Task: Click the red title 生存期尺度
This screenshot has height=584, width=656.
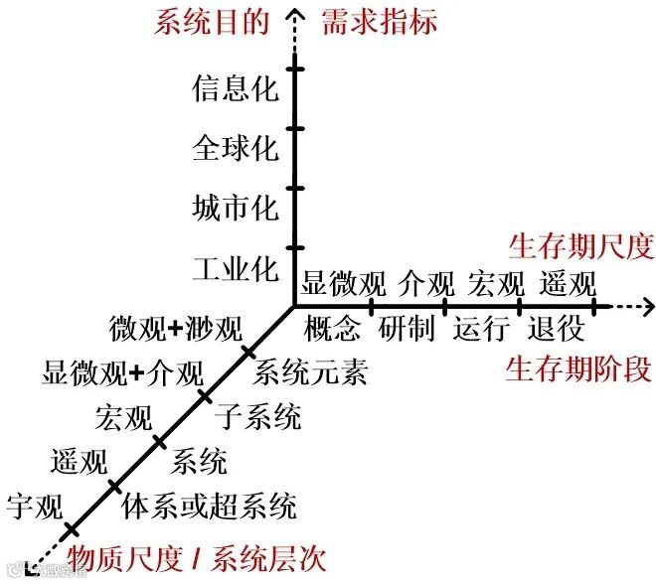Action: tap(580, 245)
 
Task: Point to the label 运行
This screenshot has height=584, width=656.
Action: tap(482, 327)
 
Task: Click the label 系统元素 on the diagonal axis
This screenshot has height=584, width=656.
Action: tap(310, 373)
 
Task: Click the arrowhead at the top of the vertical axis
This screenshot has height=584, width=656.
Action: tap(294, 14)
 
